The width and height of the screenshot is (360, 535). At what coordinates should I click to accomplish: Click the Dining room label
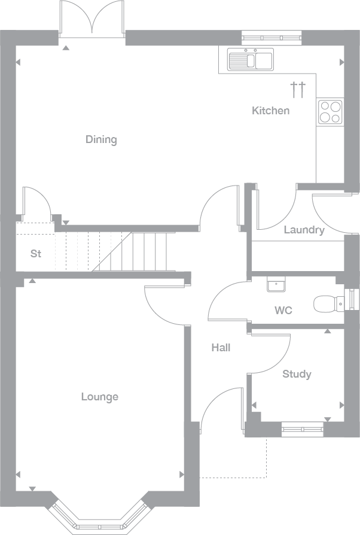coord(101,139)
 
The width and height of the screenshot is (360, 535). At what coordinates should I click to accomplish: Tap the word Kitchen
coord(271,111)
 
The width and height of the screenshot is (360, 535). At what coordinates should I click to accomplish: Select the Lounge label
coord(100,397)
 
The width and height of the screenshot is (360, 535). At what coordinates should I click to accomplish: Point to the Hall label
coord(221,348)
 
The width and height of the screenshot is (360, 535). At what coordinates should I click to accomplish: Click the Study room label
coord(297,374)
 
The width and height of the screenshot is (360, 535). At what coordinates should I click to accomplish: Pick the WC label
coord(283,311)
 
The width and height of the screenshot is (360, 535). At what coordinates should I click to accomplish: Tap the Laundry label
coord(304,230)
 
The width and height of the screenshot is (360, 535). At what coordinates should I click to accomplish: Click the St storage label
coord(36,254)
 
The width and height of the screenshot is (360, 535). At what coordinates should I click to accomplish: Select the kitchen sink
coord(251,59)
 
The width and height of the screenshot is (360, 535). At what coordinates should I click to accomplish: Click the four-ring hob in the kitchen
coord(330,113)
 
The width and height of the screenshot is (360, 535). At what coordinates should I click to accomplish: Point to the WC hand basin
coord(276,285)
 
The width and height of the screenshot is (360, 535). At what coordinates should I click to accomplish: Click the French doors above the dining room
coord(92,19)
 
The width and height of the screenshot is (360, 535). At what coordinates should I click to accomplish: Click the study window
coord(303,429)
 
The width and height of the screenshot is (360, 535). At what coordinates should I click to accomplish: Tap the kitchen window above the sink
coord(271,38)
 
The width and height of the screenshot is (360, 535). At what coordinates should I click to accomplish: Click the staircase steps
coord(115,252)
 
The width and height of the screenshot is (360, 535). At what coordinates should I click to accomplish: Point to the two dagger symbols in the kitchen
coord(298,89)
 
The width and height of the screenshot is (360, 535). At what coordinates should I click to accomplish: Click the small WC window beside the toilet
coord(352,299)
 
